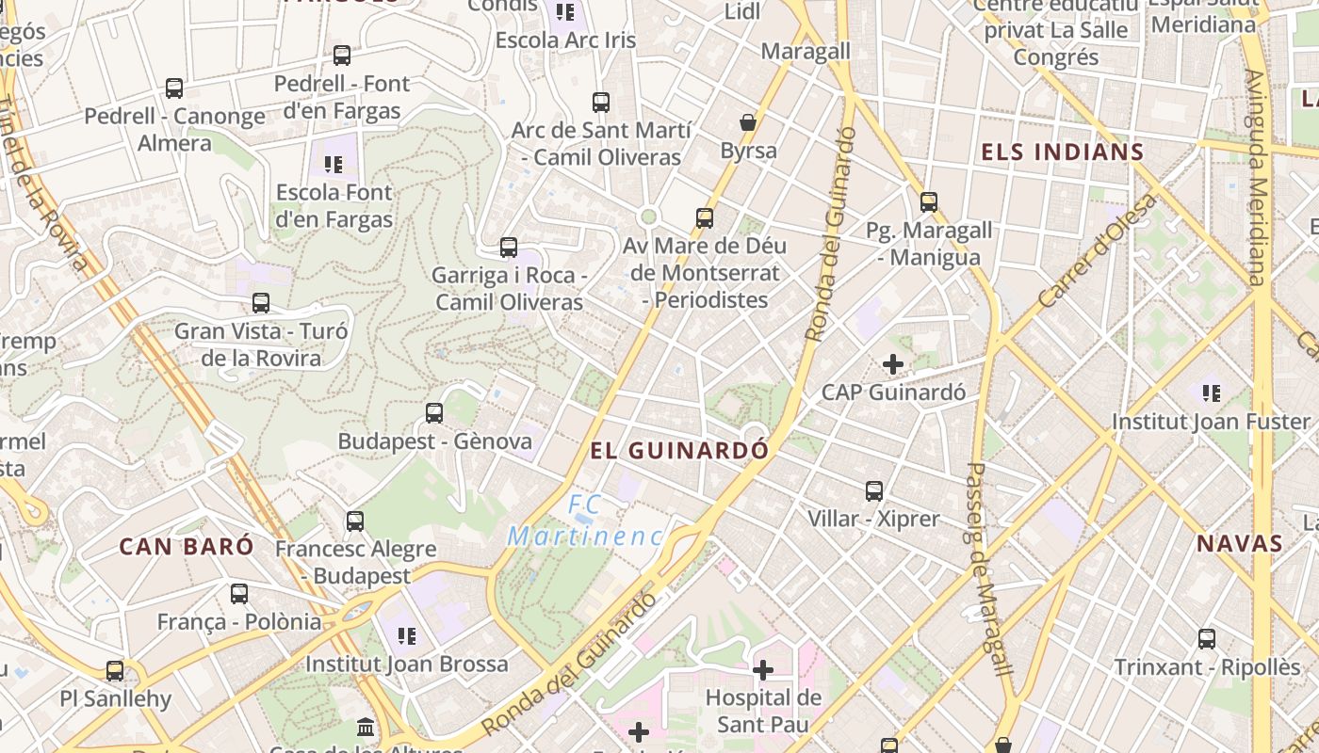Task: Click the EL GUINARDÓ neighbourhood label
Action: [679, 450]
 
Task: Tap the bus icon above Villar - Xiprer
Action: [874, 490]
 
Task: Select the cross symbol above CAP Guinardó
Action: [893, 363]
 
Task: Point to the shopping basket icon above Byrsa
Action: [748, 122]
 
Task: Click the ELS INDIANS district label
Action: [1062, 152]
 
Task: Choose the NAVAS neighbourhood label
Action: [1240, 543]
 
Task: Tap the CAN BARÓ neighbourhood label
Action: [187, 546]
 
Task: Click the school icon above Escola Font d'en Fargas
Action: [334, 165]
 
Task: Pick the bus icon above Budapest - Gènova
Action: [434, 412]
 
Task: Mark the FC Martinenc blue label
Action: [585, 521]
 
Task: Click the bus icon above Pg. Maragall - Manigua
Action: [929, 201]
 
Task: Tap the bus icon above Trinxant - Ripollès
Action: [1207, 639]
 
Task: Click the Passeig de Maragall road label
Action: [987, 569]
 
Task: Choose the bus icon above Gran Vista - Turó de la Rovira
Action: [261, 303]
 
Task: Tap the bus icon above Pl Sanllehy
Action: [115, 671]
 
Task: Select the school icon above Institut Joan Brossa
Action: [407, 636]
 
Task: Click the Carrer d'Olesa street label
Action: [1097, 252]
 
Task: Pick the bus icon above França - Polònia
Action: [239, 594]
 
